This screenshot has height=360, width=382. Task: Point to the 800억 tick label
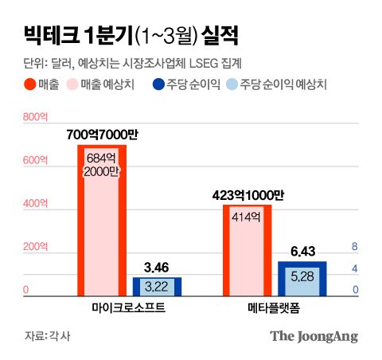pos(36,119)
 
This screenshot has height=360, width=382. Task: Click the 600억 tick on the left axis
pos(36,161)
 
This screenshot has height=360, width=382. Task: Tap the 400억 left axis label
pos(36,204)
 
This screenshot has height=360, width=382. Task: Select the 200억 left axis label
pos(36,247)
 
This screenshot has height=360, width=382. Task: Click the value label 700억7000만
pos(101,135)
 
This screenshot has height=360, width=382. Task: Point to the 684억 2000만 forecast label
pos(102,162)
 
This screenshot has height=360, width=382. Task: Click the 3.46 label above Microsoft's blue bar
pos(157,267)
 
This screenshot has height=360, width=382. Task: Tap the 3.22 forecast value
pos(157,286)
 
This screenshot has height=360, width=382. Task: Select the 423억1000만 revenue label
pos(248,194)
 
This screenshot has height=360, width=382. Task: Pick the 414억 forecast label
pos(248,216)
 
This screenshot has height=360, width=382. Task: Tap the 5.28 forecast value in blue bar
pos(302,276)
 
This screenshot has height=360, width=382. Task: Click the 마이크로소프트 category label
pos(128,307)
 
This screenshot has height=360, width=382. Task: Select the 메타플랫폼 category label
pos(275,307)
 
